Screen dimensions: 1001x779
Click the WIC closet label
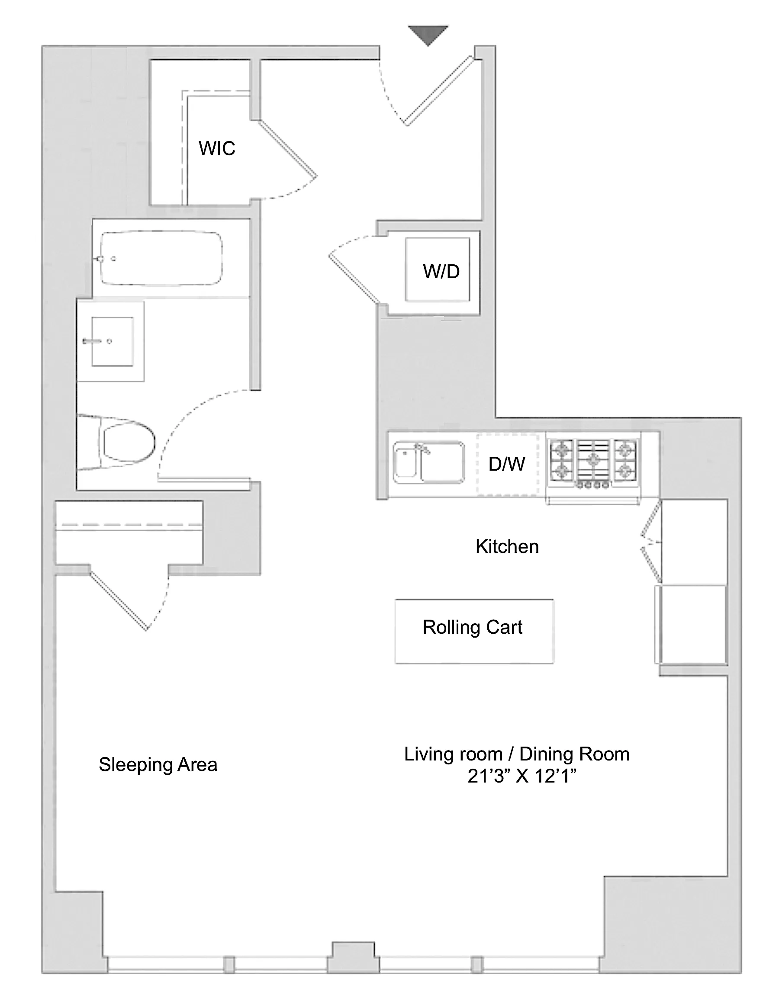(217, 148)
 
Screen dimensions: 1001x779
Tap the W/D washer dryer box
(438, 269)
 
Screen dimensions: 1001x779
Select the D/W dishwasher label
(507, 464)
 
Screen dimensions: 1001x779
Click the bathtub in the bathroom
(161, 259)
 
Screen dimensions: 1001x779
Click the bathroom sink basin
(113, 341)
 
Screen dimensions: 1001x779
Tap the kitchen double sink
(429, 462)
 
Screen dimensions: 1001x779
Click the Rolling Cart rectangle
(474, 631)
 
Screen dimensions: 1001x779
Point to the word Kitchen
(507, 547)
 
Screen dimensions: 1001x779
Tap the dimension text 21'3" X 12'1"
(522, 776)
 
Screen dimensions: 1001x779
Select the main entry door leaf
(438, 91)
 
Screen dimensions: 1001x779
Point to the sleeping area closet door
(118, 600)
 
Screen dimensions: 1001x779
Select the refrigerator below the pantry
(691, 624)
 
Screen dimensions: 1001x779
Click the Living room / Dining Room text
(516, 754)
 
